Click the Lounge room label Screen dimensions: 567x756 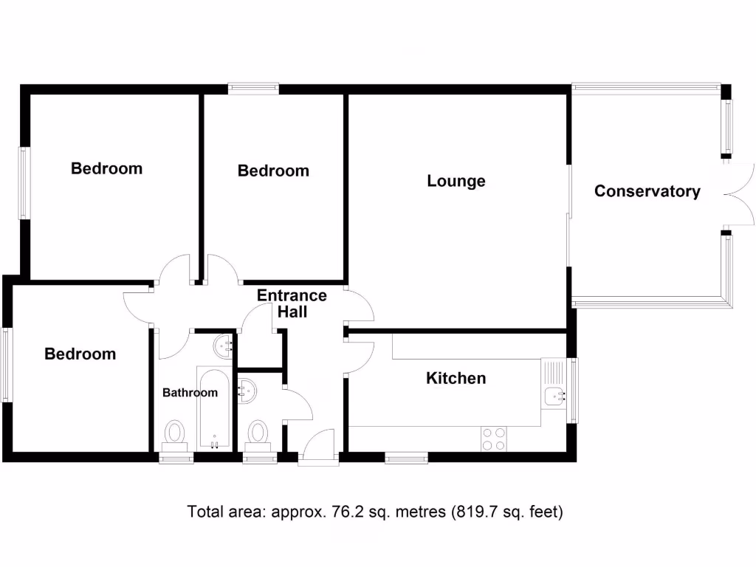point(456,181)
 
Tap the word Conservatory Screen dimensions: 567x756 point(647,191)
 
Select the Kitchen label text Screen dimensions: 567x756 point(456,378)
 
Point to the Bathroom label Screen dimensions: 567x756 point(190,393)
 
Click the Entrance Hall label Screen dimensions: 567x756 point(292,303)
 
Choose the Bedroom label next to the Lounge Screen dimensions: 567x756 point(273,171)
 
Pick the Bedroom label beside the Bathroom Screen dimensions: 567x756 point(80,354)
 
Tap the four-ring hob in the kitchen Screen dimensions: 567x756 point(494,439)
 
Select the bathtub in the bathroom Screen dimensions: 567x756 point(214,407)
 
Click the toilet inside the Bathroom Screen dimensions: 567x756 point(175,435)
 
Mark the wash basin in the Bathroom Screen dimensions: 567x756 point(224,344)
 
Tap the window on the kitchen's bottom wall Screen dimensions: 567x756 point(406,458)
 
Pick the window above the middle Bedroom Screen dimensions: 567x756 point(253,88)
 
